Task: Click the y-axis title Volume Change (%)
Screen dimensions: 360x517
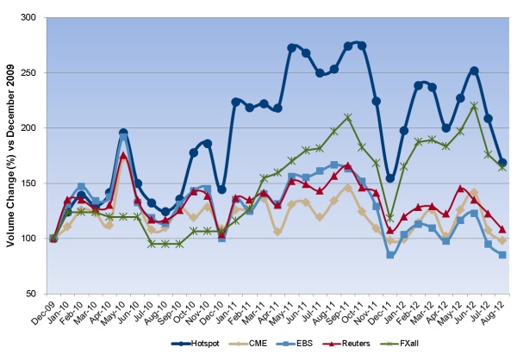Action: (x=11, y=155)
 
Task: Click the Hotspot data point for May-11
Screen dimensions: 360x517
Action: (x=291, y=47)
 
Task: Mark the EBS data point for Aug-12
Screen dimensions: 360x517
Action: (x=502, y=255)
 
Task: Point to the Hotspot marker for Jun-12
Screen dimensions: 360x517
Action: (x=474, y=71)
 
